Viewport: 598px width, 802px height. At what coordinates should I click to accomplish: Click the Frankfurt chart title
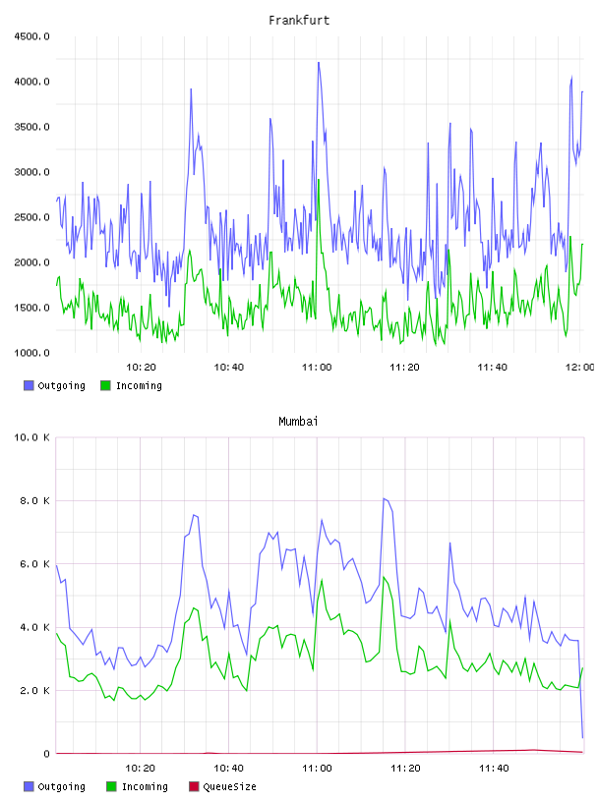click(x=299, y=21)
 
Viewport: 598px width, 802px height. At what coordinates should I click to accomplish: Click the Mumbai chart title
click(x=298, y=422)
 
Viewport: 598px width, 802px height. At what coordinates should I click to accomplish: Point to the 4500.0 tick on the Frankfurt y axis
click(x=31, y=36)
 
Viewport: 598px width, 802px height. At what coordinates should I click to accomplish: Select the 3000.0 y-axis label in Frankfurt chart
click(x=31, y=172)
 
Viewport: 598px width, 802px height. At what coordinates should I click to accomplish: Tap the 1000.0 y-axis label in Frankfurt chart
click(x=31, y=353)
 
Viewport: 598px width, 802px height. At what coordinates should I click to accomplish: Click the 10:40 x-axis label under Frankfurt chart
click(x=229, y=368)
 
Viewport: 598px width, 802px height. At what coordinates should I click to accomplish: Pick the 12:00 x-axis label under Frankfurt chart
click(x=580, y=368)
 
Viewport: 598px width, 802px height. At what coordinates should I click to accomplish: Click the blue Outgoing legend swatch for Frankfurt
click(x=29, y=385)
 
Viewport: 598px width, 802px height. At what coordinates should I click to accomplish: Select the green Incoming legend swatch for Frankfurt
click(x=105, y=385)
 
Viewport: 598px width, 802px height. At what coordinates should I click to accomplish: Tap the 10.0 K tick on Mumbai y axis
click(x=31, y=437)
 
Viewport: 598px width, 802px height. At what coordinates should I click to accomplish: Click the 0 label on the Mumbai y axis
click(x=46, y=754)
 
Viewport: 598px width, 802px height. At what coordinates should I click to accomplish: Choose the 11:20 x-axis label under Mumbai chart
click(x=405, y=769)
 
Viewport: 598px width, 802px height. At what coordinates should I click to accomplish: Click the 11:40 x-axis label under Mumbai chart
click(x=494, y=769)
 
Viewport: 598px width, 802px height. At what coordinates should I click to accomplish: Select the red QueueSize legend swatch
click(x=194, y=786)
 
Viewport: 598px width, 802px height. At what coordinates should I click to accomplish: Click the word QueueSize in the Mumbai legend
click(x=229, y=786)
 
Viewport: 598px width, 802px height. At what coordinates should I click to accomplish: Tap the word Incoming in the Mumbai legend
click(x=145, y=787)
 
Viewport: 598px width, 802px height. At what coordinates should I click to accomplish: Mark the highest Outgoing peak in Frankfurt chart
click(x=319, y=63)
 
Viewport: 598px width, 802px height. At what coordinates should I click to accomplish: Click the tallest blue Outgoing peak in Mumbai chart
click(x=384, y=498)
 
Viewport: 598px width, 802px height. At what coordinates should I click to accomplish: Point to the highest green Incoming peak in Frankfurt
click(x=319, y=180)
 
